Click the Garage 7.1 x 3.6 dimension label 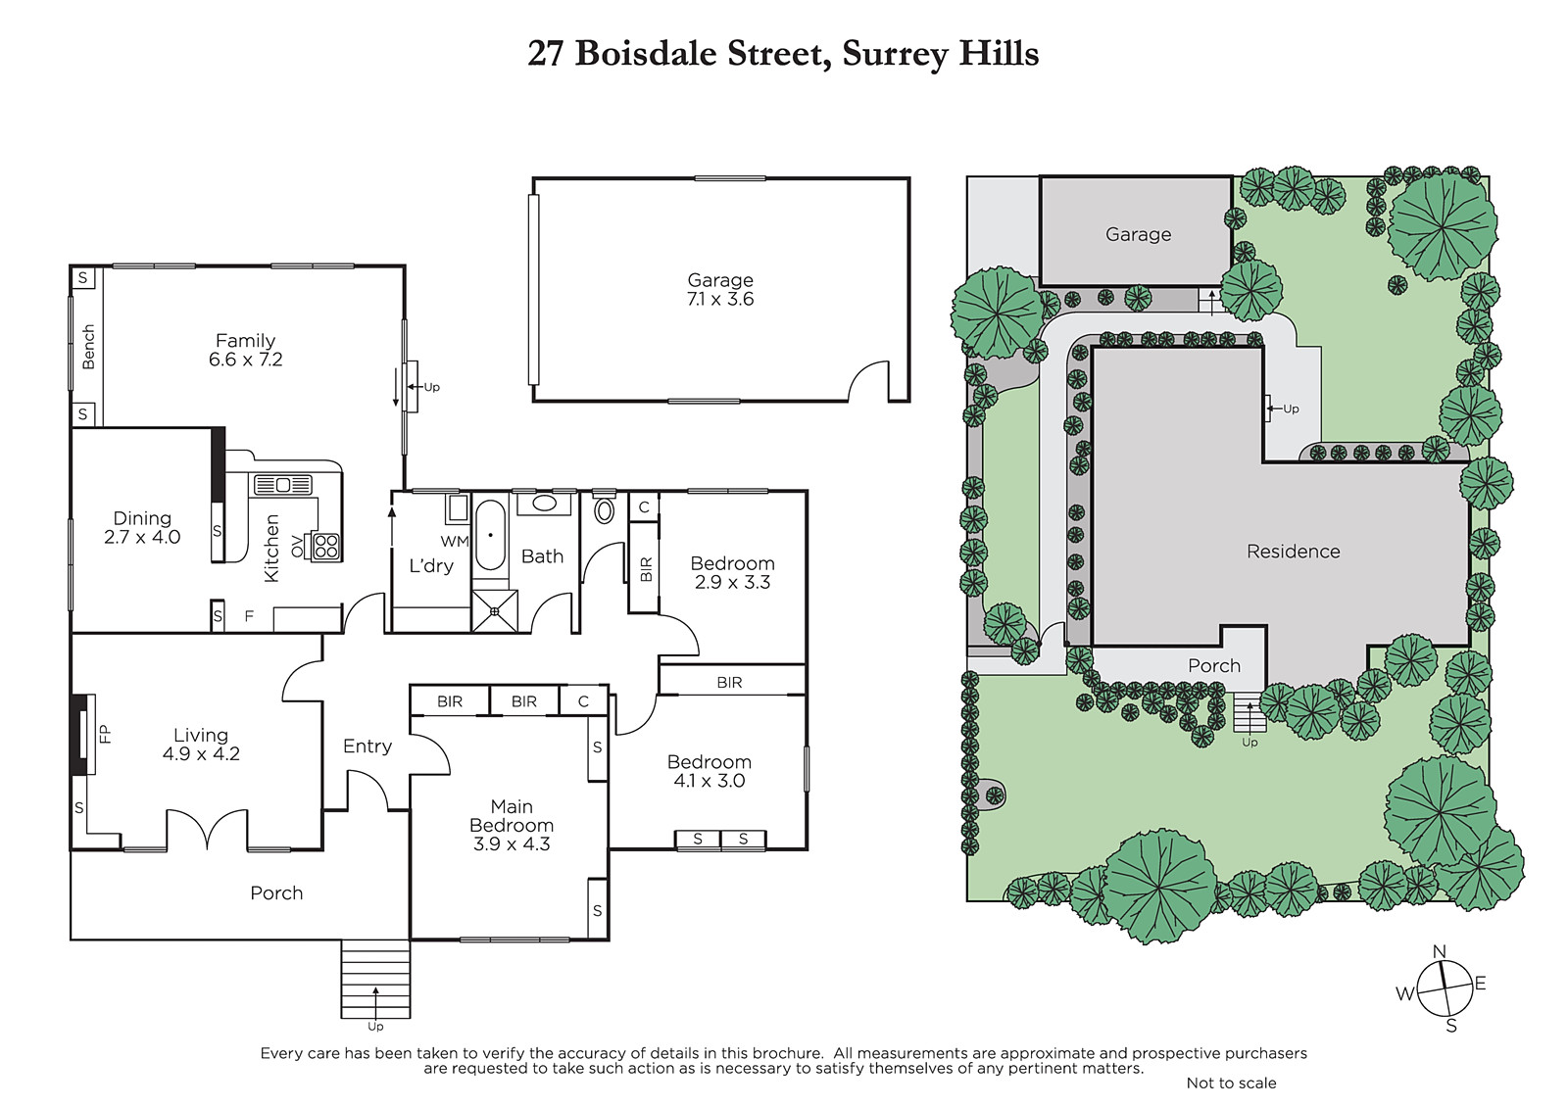click(720, 299)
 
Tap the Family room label click(245, 341)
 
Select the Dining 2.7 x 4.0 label click(142, 528)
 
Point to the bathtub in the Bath click(490, 536)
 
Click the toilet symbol click(604, 508)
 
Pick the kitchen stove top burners click(326, 547)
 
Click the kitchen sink click(283, 485)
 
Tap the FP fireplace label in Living click(104, 734)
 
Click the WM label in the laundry click(455, 541)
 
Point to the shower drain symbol click(494, 611)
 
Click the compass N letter click(1440, 951)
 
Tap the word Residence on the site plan click(1293, 552)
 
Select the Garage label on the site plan click(1138, 234)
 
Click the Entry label click(367, 747)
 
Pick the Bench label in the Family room click(88, 347)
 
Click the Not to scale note click(1231, 1083)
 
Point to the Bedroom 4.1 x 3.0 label click(710, 771)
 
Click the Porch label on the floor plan click(276, 893)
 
